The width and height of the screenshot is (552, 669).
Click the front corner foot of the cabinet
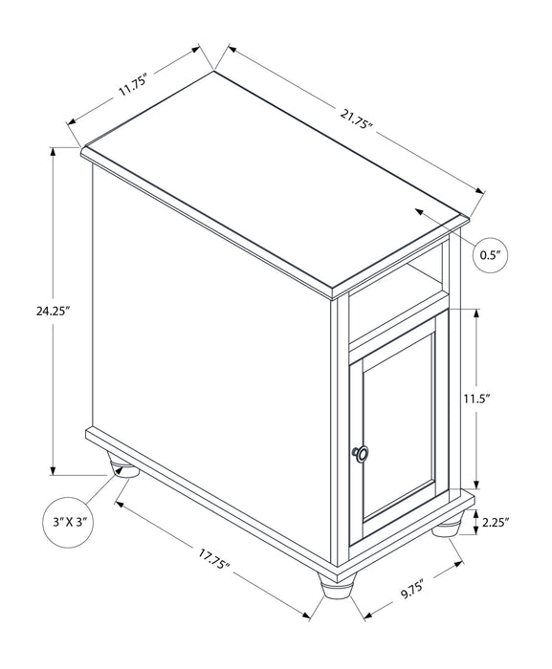335,588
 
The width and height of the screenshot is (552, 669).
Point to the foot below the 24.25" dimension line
122,469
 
